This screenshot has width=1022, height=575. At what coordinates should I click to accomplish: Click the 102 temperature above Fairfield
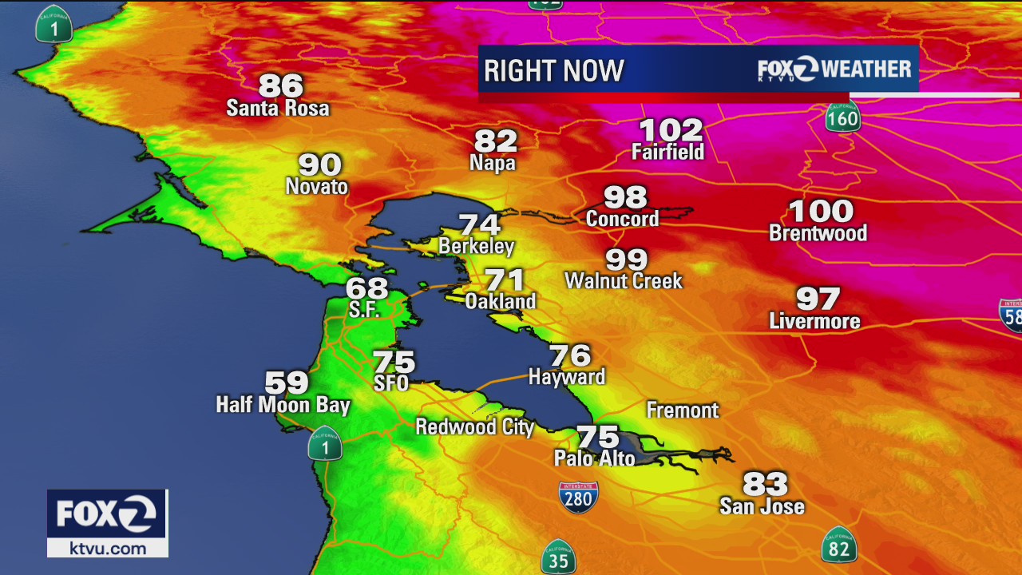671,129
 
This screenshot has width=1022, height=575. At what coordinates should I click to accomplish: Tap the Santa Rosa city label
277,108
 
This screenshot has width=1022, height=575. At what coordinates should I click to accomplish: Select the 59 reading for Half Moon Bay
286,383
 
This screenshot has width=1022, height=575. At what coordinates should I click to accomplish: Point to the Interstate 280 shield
578,497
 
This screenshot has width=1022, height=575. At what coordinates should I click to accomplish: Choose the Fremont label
682,410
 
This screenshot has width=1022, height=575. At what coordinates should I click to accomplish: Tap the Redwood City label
474,426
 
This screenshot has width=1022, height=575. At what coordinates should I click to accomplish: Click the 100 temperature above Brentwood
821,212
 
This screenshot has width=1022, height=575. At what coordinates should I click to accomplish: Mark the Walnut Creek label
624,281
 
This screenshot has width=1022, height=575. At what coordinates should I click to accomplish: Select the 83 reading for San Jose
765,483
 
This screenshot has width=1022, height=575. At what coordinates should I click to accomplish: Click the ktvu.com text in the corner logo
108,548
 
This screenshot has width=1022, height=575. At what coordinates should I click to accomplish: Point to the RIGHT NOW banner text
553,70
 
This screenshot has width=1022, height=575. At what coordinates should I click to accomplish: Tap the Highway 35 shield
558,557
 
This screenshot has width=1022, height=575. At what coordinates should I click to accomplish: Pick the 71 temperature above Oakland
505,280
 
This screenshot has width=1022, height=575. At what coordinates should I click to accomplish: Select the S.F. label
364,309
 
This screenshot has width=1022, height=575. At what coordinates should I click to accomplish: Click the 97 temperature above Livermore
818,299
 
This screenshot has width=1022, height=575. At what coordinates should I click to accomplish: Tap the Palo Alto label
595,458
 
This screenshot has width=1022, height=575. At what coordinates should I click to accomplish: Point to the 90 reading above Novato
320,165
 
